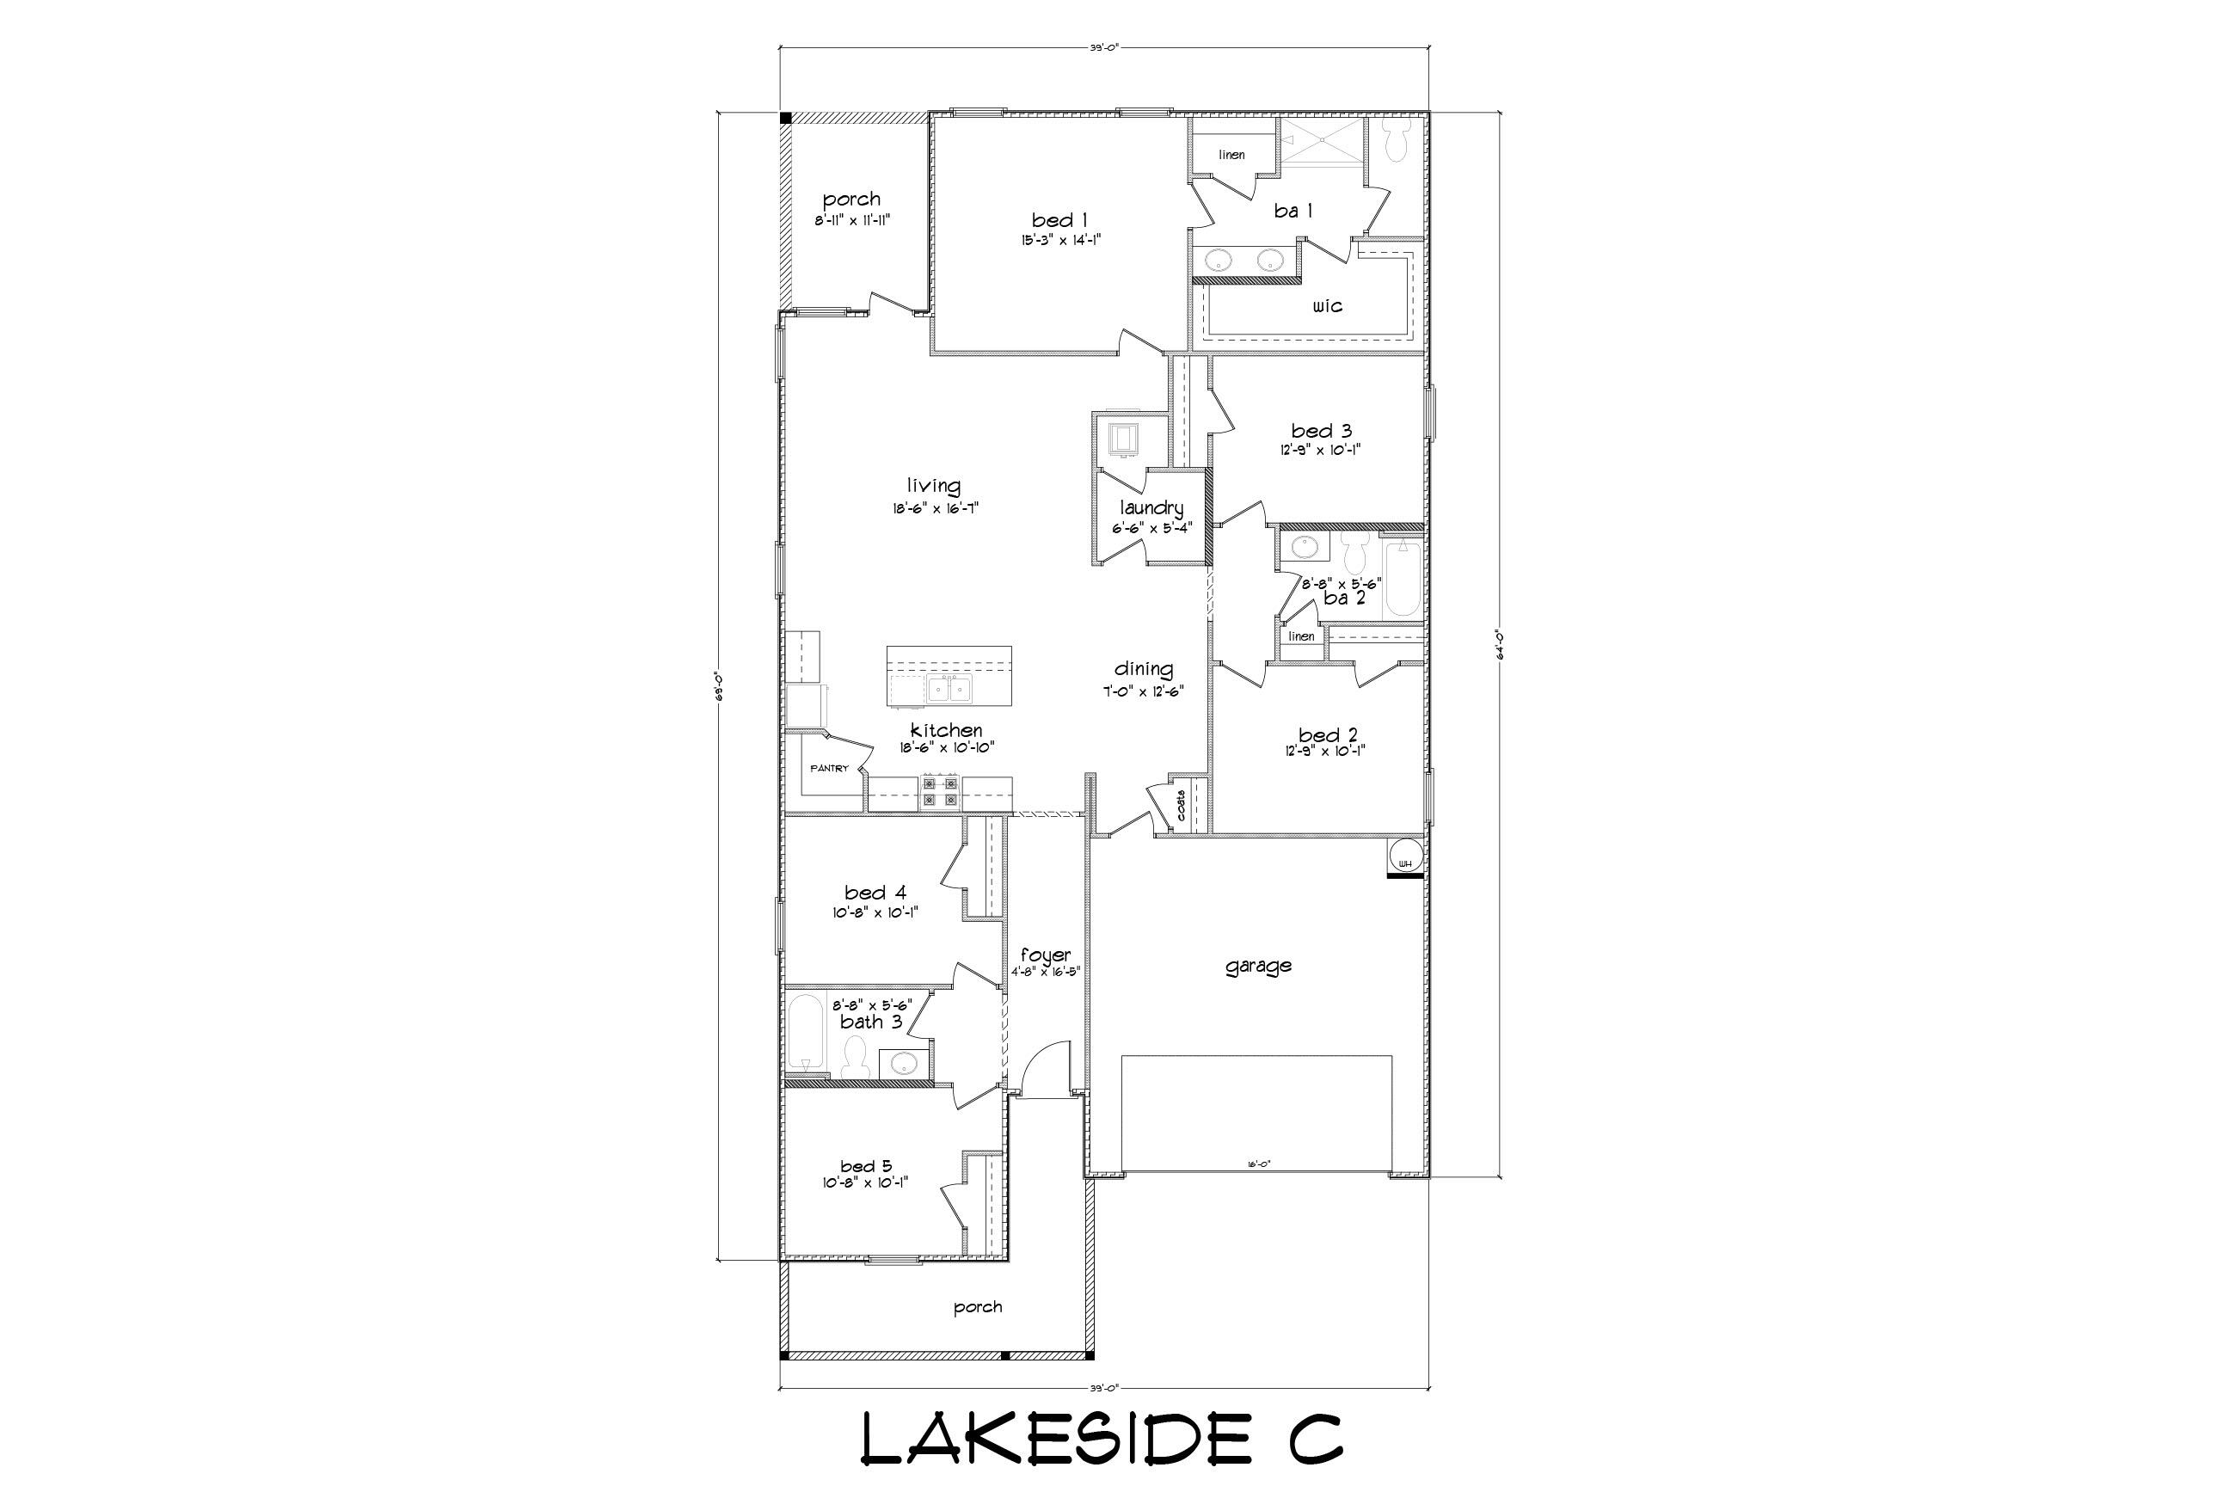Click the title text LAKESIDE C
1102,1439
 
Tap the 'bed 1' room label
1059,221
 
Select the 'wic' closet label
1327,306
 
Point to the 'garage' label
1257,966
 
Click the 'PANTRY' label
829,769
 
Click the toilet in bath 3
856,1058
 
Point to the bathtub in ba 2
1402,579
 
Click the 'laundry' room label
1151,508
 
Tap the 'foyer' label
1046,955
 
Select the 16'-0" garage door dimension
1257,1164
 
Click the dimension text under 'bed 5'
865,1182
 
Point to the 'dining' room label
1143,669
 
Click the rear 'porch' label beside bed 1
851,199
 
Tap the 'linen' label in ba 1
1231,155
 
